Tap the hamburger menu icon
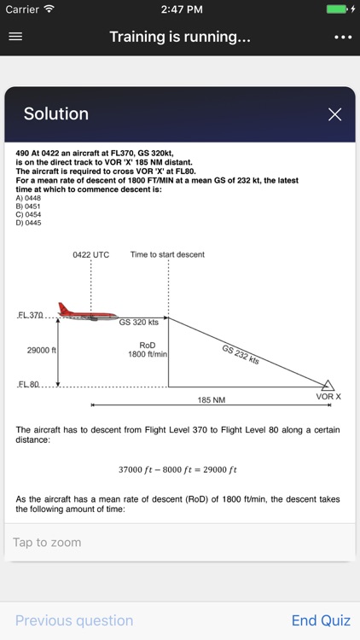click(x=15, y=38)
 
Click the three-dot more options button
click(x=343, y=38)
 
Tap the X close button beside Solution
click(x=335, y=114)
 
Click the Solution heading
click(x=56, y=114)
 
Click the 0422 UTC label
click(x=90, y=254)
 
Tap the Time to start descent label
click(x=167, y=254)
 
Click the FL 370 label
click(x=31, y=316)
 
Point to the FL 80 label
click(x=29, y=385)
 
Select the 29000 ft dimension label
click(x=42, y=350)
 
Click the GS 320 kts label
click(x=138, y=323)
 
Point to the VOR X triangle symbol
click(x=328, y=385)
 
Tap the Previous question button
click(x=74, y=621)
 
